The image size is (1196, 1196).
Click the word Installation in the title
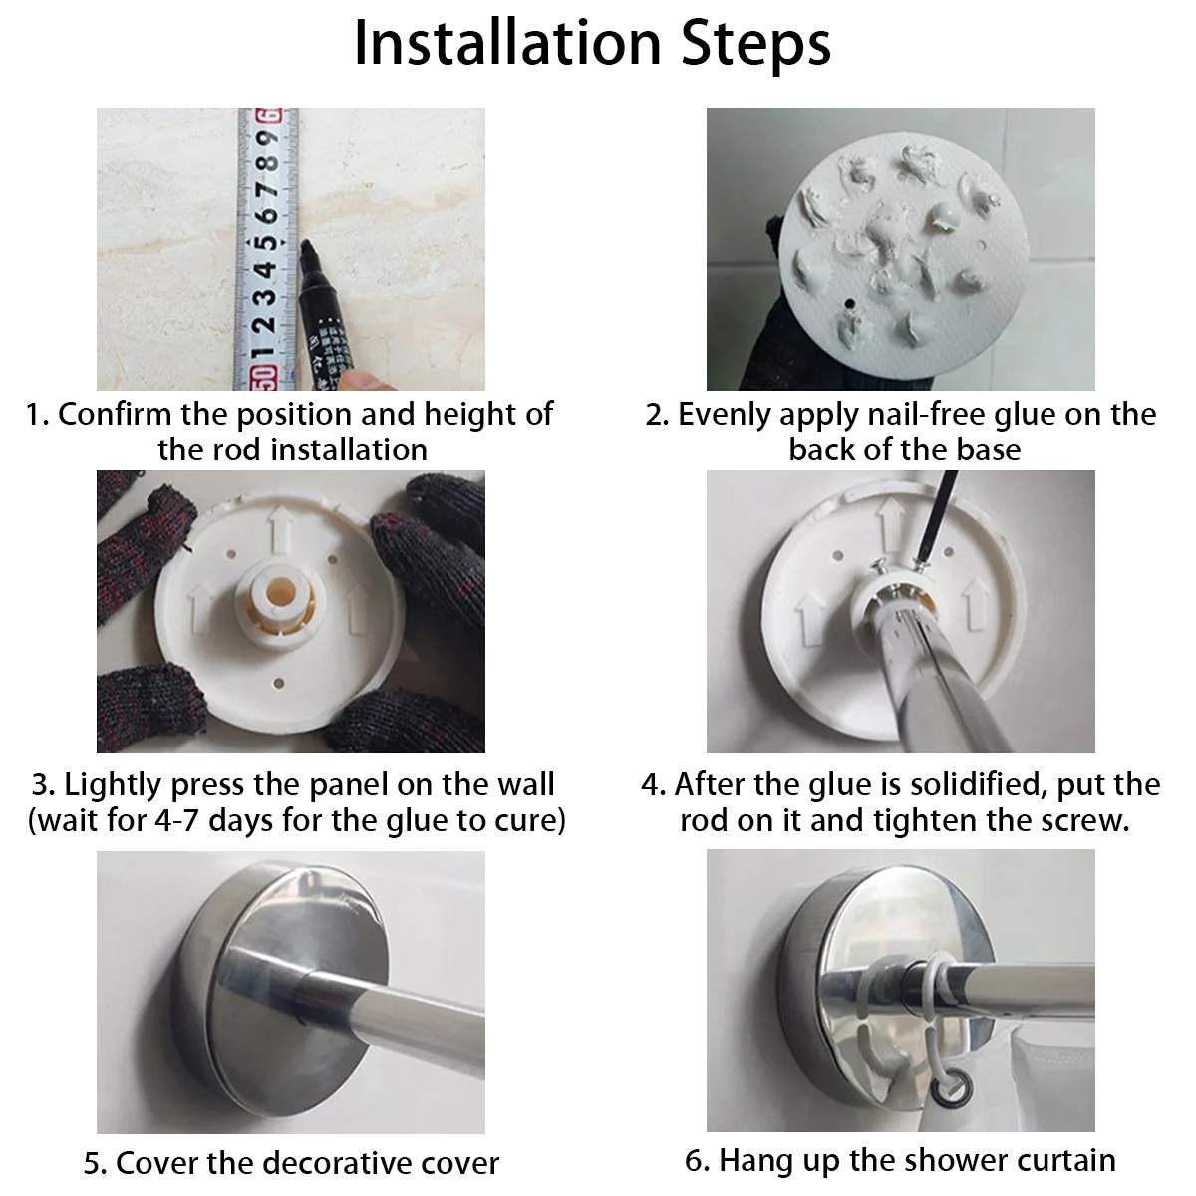click(x=507, y=44)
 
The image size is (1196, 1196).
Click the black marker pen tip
click(x=305, y=247)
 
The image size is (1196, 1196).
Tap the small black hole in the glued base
click(x=850, y=304)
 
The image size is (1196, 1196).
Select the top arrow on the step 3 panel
click(x=280, y=528)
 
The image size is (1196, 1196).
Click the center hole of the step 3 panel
click(x=280, y=590)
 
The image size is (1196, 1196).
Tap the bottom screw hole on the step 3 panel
click(x=279, y=684)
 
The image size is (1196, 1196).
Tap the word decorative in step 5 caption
click(x=338, y=1164)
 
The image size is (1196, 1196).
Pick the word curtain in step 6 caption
click(x=1064, y=1161)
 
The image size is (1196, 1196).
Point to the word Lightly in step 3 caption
click(x=114, y=786)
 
